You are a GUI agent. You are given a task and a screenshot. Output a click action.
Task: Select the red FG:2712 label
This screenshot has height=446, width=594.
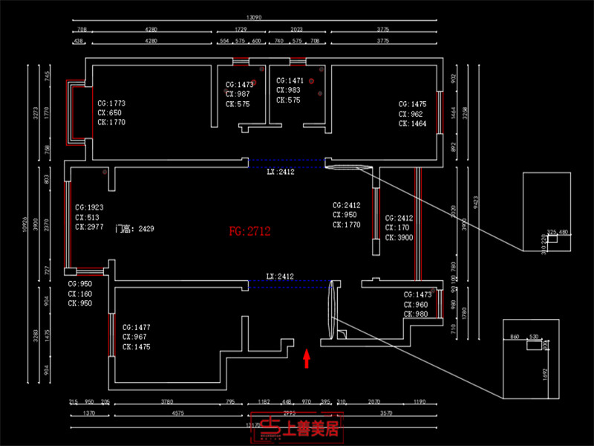pyautogui.click(x=250, y=232)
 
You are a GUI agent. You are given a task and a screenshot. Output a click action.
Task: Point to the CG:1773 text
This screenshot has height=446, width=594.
pyautogui.click(x=111, y=103)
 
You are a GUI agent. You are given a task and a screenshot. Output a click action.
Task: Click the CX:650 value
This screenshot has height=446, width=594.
pyautogui.click(x=109, y=113)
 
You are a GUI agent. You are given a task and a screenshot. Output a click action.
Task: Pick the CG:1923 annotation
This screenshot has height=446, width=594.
pyautogui.click(x=89, y=207)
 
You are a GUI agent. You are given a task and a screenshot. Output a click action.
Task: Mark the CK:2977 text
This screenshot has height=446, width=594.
pyautogui.click(x=89, y=227)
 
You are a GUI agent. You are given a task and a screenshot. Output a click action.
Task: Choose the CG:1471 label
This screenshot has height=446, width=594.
pyautogui.click(x=290, y=80)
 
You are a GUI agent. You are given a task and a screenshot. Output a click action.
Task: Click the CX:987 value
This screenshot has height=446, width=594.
pyautogui.click(x=238, y=94)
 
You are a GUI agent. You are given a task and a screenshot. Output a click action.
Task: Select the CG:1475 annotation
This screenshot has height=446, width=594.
pyautogui.click(x=413, y=105)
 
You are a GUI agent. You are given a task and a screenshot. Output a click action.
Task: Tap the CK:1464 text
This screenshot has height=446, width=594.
pyautogui.click(x=413, y=124)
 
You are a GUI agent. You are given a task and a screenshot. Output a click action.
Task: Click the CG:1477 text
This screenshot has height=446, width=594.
pyautogui.click(x=137, y=327)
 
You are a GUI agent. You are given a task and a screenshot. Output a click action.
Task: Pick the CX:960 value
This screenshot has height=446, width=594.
pyautogui.click(x=416, y=305)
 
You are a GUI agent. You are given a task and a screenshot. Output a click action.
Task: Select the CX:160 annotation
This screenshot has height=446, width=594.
pyautogui.click(x=80, y=294)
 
